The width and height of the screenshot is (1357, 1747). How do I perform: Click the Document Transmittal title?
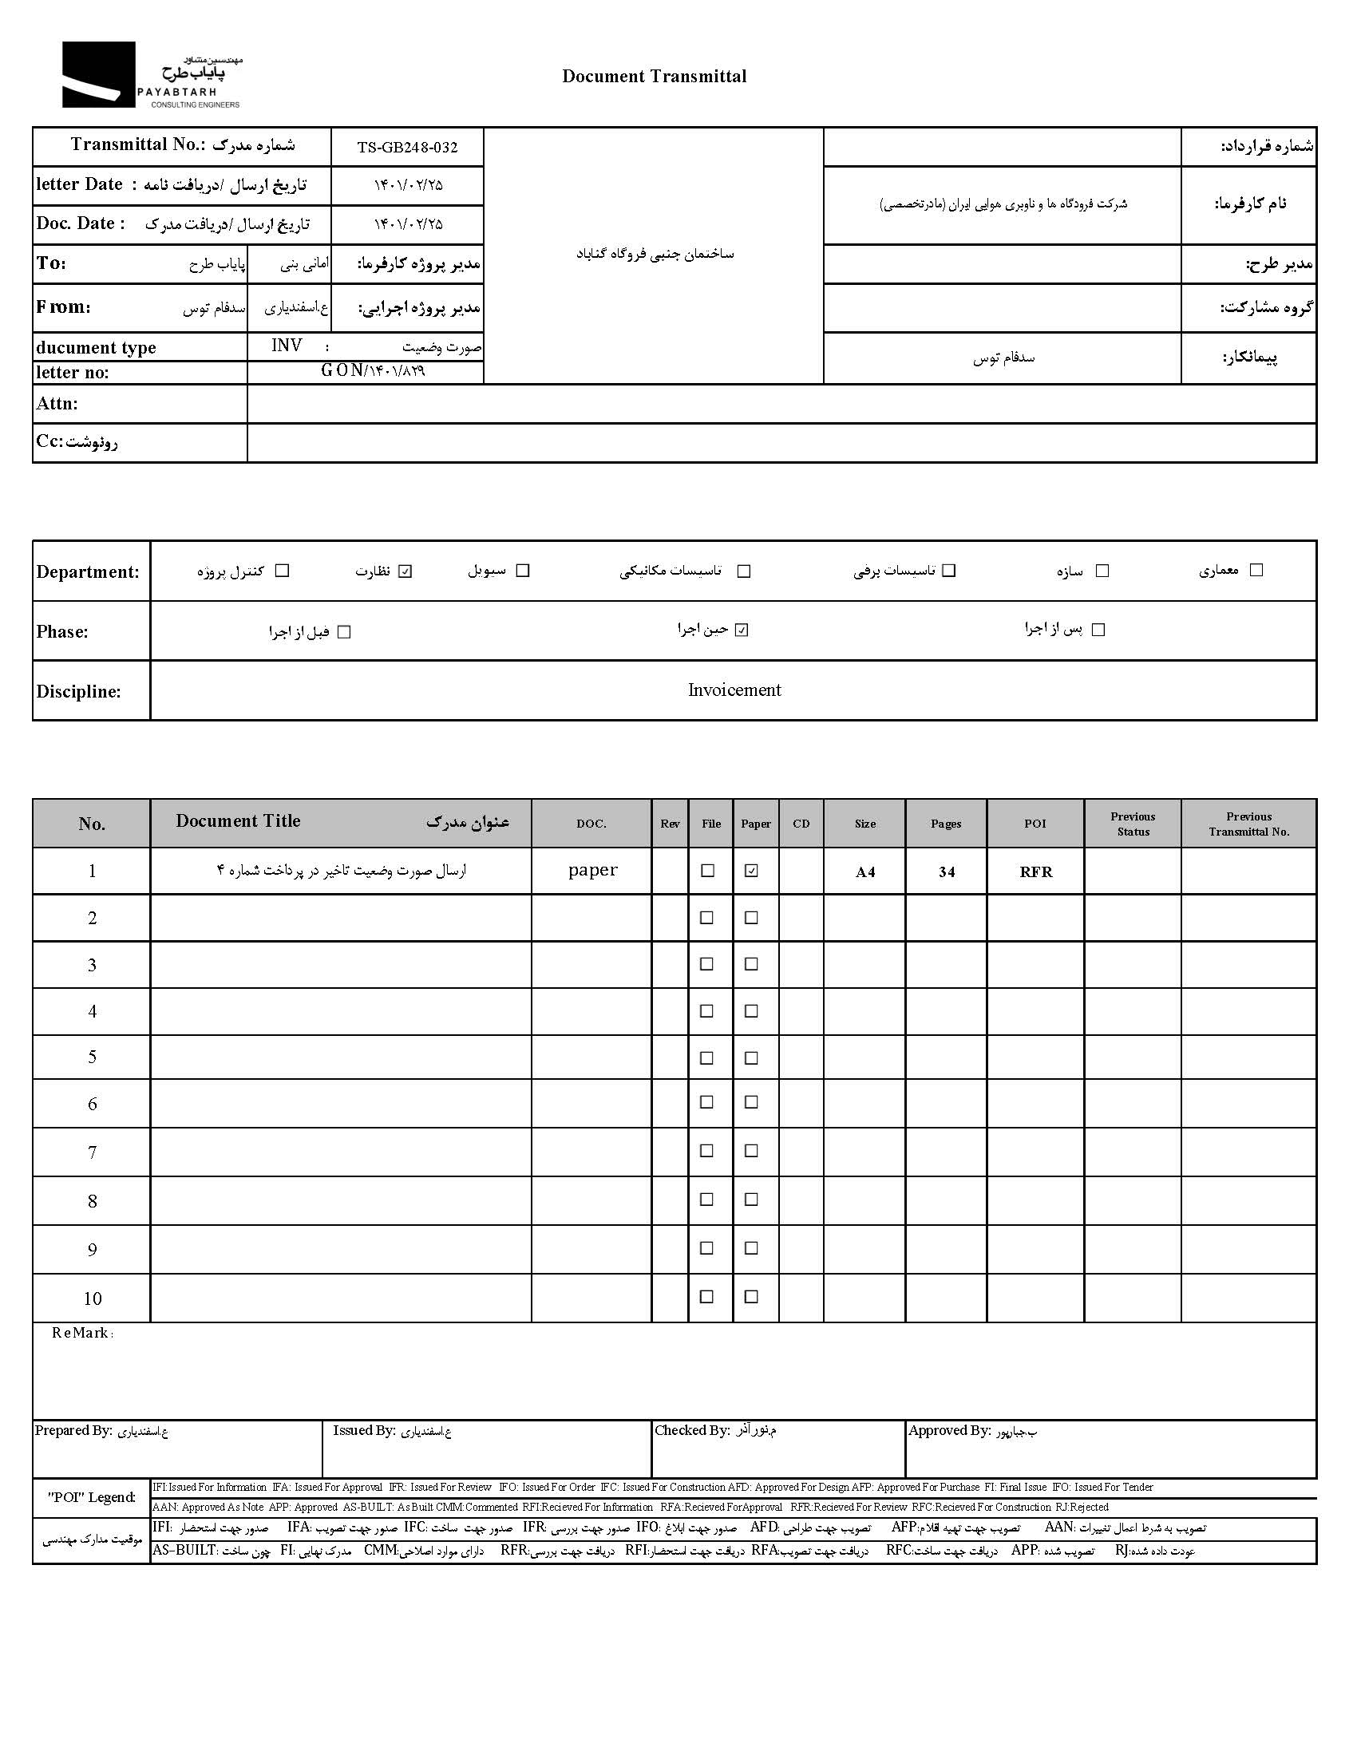(x=654, y=76)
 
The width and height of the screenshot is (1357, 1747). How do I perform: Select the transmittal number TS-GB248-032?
(x=407, y=147)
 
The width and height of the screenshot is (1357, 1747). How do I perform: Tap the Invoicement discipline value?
(x=734, y=690)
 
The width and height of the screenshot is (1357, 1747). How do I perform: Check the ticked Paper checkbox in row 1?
(x=750, y=871)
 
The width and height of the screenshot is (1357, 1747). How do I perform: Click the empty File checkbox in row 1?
(x=707, y=870)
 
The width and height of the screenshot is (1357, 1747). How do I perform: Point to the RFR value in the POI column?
(x=1035, y=872)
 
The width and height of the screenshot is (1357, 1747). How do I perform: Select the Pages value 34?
(x=946, y=872)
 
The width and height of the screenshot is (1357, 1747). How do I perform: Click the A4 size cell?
(x=865, y=872)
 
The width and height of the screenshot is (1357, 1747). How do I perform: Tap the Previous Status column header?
(x=1132, y=824)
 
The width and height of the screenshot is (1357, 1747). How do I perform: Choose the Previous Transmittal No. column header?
(x=1248, y=824)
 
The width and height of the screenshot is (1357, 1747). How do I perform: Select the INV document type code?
(x=287, y=346)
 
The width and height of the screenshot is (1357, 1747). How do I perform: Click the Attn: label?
(x=57, y=403)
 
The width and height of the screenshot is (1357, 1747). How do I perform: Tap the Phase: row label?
(x=62, y=631)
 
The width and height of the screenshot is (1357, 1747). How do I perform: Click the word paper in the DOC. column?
(x=592, y=870)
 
